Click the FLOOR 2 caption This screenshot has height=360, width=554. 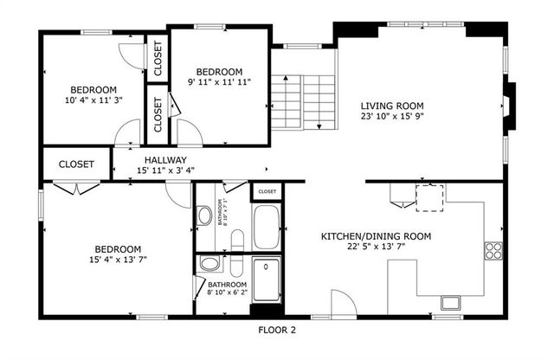pos(277,329)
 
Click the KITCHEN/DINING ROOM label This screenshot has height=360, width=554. pos(376,236)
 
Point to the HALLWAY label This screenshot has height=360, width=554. pos(166,160)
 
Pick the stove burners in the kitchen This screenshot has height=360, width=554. pos(494,251)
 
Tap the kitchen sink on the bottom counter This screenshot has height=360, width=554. pos(451,303)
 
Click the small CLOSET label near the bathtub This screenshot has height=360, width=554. pos(267,191)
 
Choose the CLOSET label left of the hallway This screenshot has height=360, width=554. pos(76,164)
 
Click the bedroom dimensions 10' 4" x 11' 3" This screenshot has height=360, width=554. pos(93,100)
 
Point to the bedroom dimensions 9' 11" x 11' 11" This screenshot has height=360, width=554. pos(219,82)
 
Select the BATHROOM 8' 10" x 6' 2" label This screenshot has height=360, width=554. pos(227,289)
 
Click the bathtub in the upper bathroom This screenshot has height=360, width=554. pos(267,228)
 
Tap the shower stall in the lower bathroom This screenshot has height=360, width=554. pos(267,280)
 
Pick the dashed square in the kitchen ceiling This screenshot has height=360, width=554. pos(430,198)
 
